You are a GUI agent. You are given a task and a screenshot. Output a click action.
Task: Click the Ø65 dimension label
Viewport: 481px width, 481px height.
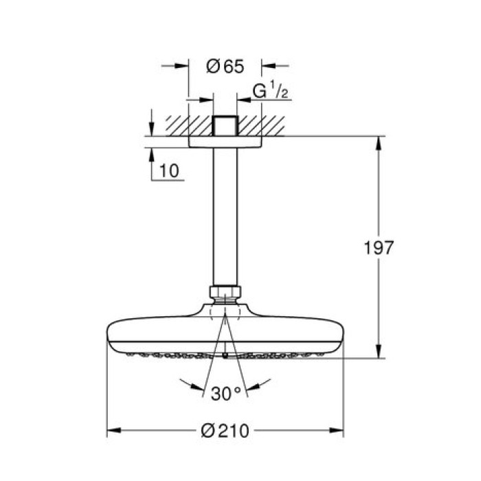(x=225, y=67)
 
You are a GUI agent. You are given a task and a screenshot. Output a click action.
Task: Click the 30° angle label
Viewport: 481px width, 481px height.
(x=225, y=394)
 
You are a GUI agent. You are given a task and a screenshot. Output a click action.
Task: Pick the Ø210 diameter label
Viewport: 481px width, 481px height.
(x=225, y=432)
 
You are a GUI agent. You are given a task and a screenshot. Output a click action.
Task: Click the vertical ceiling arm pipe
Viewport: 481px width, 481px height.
(x=225, y=213)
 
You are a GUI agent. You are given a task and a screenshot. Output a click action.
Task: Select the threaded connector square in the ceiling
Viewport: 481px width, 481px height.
(x=225, y=126)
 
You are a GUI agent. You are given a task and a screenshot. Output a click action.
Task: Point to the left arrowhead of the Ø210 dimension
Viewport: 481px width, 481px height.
(x=112, y=432)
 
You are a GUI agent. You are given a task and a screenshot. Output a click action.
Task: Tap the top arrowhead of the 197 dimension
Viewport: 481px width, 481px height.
(x=377, y=142)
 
